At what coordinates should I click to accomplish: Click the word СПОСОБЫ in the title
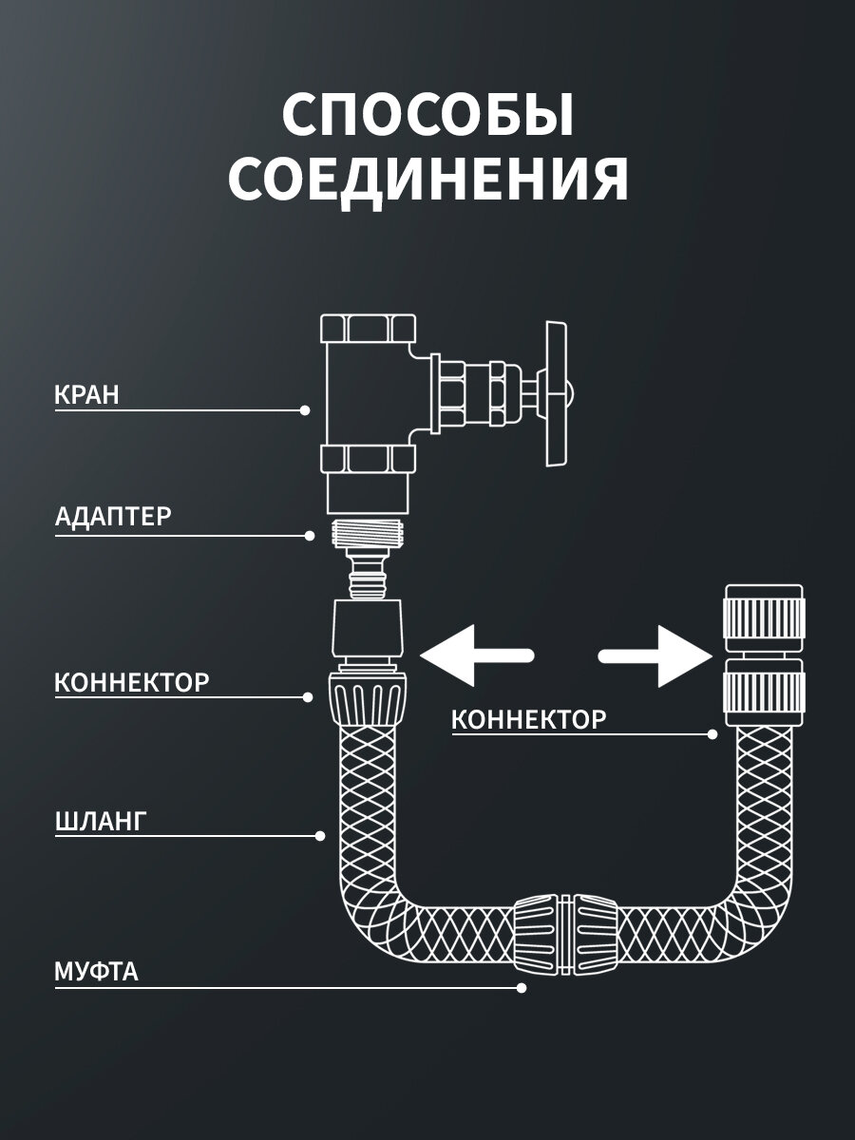pyautogui.click(x=427, y=117)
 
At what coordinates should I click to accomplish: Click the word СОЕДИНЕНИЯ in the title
pyautogui.click(x=427, y=180)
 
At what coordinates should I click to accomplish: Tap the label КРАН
pyautogui.click(x=87, y=395)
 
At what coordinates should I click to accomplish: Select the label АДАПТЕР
pyautogui.click(x=113, y=517)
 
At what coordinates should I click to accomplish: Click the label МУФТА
pyautogui.click(x=96, y=972)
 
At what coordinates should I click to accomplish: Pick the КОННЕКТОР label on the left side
pyautogui.click(x=132, y=681)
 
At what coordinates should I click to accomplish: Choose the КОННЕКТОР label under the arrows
pyautogui.click(x=528, y=719)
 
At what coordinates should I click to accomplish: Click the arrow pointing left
pyautogui.click(x=475, y=655)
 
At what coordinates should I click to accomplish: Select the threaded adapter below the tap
pyautogui.click(x=370, y=533)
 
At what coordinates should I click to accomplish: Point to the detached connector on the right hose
pyautogui.click(x=765, y=655)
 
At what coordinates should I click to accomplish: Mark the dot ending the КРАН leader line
pyautogui.click(x=304, y=410)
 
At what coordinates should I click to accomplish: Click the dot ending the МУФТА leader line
pyautogui.click(x=521, y=988)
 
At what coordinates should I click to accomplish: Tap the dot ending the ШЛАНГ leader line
pyautogui.click(x=320, y=836)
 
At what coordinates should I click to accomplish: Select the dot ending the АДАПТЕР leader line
pyautogui.click(x=310, y=536)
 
